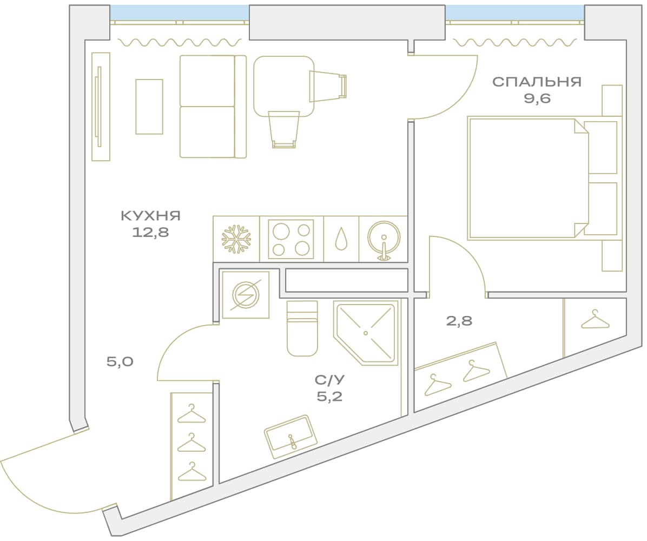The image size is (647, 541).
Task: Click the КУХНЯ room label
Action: click(150, 215)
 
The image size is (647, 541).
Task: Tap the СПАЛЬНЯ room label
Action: click(537, 82)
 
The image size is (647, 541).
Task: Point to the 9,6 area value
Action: click(537, 98)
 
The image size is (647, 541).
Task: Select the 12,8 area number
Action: click(150, 232)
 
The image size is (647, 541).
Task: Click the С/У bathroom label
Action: click(329, 379)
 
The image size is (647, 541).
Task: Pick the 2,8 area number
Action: click(459, 321)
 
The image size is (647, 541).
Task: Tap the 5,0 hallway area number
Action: click(120, 362)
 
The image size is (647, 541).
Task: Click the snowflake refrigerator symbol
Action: click(236, 239)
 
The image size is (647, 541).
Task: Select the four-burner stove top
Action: click(291, 239)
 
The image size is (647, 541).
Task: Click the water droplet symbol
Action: click(341, 239)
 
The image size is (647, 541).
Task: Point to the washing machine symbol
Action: click(246, 295)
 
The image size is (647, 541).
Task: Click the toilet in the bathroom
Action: click(302, 328)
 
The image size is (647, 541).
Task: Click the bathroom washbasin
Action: click(291, 437)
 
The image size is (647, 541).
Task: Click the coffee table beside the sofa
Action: click(149, 107)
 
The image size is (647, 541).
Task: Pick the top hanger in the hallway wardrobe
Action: click(192, 414)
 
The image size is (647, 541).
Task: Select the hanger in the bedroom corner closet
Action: click(595, 320)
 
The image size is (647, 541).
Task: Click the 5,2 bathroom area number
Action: click(329, 397)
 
